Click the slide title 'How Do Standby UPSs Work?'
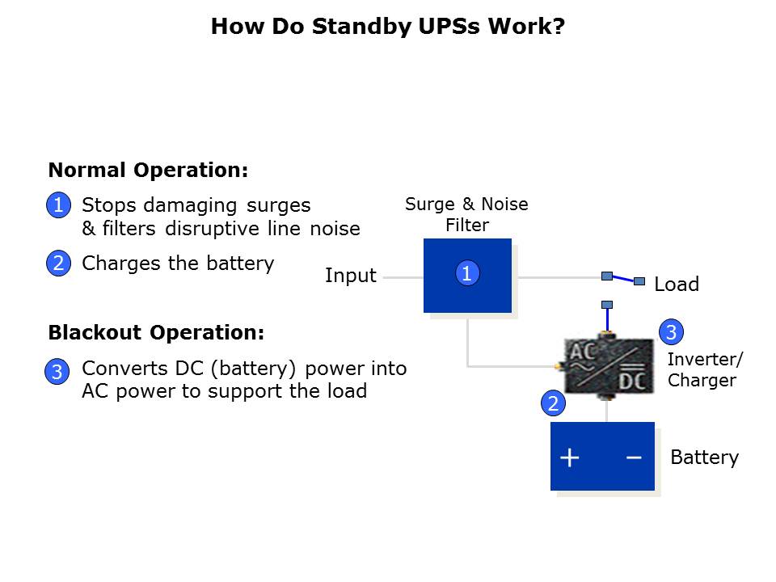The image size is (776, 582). click(388, 27)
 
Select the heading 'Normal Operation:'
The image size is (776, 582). click(148, 171)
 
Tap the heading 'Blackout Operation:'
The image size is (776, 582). click(156, 332)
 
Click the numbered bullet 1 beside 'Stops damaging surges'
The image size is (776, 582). click(58, 205)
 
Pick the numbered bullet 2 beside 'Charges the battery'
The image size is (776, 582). click(58, 264)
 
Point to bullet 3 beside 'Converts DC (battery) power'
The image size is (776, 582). click(57, 373)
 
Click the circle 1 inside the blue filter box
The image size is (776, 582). click(466, 274)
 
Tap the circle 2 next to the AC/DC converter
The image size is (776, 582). click(553, 403)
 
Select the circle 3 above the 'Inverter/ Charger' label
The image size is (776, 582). click(671, 331)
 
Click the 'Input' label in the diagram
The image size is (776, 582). click(351, 276)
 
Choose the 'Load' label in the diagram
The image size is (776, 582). click(677, 285)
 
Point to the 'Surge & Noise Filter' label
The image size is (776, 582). click(466, 214)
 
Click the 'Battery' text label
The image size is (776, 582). click(705, 458)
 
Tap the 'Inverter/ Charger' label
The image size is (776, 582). click(705, 369)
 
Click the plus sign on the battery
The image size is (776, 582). click(570, 458)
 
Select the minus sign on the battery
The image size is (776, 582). click(634, 458)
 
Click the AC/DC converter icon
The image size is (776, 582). click(608, 366)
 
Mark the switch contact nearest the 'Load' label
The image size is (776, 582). click(639, 281)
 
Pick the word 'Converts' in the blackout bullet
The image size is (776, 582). click(119, 369)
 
